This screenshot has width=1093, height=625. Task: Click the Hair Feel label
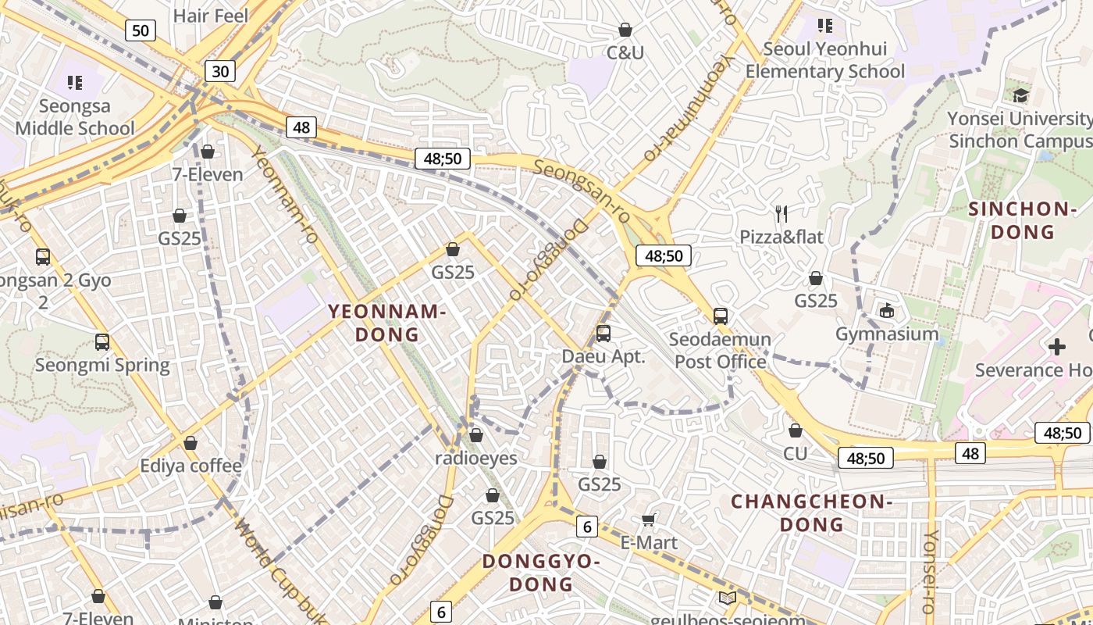click(x=210, y=16)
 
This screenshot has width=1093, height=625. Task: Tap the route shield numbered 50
click(x=140, y=30)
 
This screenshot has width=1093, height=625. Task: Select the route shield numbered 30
click(x=220, y=71)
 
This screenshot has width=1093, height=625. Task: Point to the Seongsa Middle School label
click(x=75, y=117)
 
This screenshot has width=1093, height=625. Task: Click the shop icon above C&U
click(x=625, y=30)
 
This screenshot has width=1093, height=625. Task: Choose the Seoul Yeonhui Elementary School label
click(x=825, y=60)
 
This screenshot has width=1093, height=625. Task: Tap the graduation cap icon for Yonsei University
click(x=1020, y=96)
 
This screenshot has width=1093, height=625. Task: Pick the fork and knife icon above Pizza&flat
click(x=781, y=213)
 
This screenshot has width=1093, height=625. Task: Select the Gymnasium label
click(x=887, y=334)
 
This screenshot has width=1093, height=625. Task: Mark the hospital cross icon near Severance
click(x=1057, y=346)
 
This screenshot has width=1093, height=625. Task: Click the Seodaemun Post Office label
click(x=721, y=350)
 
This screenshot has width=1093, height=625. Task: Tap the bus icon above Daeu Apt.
click(x=603, y=334)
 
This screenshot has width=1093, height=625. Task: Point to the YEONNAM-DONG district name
click(x=387, y=323)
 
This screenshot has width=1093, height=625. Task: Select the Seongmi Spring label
click(x=102, y=365)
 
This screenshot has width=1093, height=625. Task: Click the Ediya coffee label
click(x=191, y=466)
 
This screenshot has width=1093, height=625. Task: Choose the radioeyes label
click(x=476, y=458)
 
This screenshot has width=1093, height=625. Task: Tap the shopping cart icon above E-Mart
click(x=649, y=520)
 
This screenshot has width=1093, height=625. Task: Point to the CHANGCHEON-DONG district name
click(x=811, y=512)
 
